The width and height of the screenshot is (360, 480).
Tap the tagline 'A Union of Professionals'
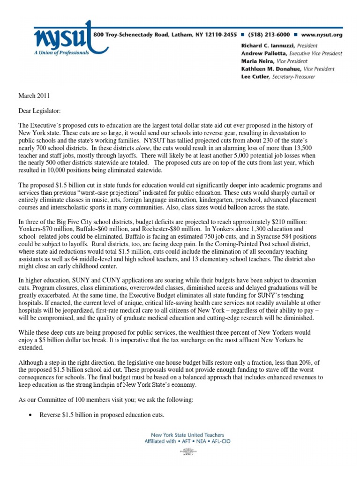click(62, 53)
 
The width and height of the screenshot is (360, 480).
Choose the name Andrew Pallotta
click(258, 53)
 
